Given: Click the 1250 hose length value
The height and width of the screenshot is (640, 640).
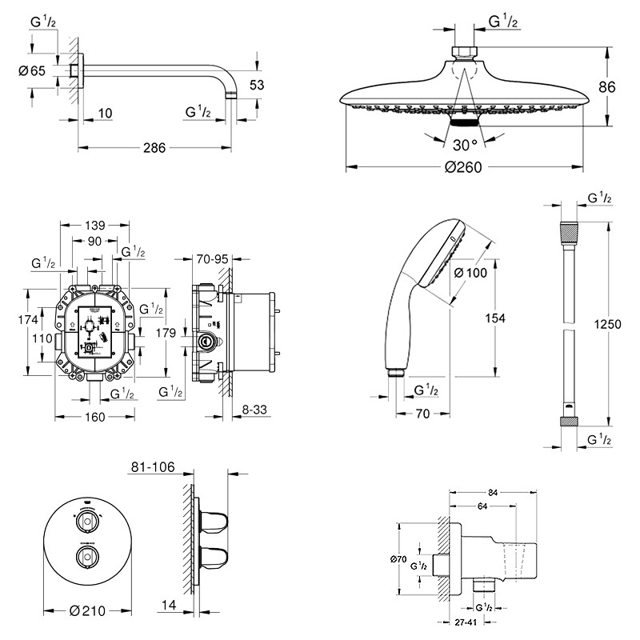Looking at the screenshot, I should [x=609, y=326].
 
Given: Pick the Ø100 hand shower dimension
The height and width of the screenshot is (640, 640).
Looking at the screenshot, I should [x=470, y=273].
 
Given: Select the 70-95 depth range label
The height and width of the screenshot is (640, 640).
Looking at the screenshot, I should [x=212, y=259].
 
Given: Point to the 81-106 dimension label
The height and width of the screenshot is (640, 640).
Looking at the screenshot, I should [x=152, y=467].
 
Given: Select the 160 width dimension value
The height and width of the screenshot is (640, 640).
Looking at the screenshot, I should [x=94, y=417].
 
